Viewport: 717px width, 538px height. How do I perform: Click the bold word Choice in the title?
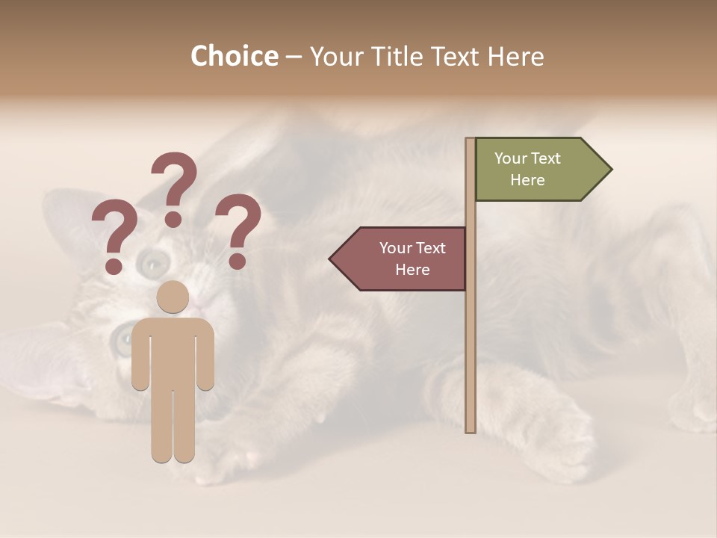234,56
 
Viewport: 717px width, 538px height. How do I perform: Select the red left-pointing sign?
403,259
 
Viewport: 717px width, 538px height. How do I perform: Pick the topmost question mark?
175,187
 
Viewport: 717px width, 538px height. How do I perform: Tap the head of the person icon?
173,297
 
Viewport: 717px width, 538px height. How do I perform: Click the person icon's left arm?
140,355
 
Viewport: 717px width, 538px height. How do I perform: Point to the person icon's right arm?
205,355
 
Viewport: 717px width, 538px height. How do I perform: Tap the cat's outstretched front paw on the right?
560,433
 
